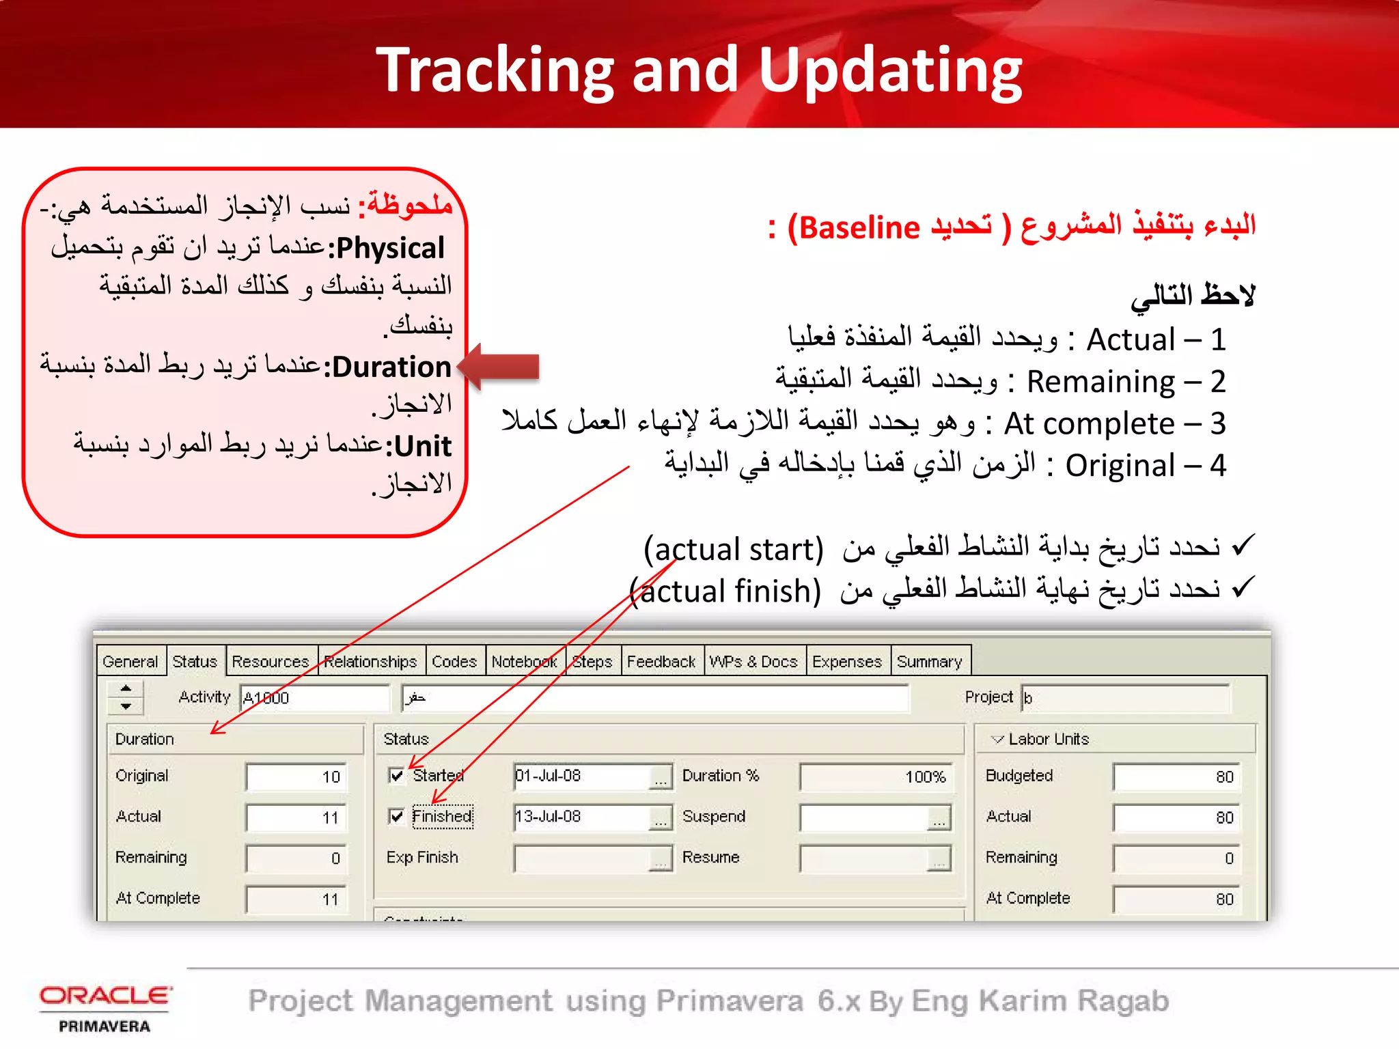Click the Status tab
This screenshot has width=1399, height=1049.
(x=195, y=661)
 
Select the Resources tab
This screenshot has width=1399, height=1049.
(x=271, y=661)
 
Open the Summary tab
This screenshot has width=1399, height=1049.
(x=929, y=661)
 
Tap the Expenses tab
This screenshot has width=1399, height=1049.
(x=846, y=661)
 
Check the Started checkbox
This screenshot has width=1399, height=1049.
(x=396, y=775)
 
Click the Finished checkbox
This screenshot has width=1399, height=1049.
(x=396, y=816)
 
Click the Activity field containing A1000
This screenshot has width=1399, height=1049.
(x=314, y=698)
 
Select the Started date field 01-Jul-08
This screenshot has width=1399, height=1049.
(x=581, y=776)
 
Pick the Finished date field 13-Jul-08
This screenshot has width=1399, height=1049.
(x=581, y=817)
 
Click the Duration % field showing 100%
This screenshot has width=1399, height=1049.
(x=876, y=777)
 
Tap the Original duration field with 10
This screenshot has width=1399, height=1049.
(x=296, y=777)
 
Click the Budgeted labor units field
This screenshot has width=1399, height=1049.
(x=1175, y=777)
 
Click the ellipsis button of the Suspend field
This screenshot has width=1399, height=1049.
(x=939, y=818)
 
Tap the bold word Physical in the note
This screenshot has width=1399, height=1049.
(x=390, y=248)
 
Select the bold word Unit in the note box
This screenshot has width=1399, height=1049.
(x=422, y=446)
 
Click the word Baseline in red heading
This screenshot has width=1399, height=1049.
(x=859, y=227)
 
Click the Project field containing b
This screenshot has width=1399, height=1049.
(x=1125, y=698)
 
